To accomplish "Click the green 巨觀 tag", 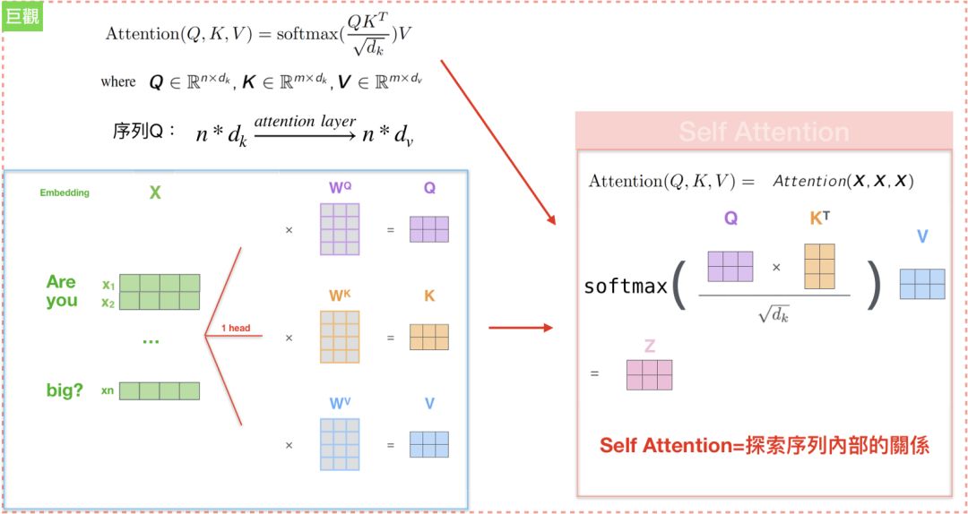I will tap(22, 16).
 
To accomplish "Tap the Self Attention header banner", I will tap(764, 132).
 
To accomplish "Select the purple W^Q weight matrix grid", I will tap(339, 229).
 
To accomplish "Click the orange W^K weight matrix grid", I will tap(339, 337).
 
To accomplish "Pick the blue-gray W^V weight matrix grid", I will tap(339, 444).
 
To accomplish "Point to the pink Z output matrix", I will tap(649, 374).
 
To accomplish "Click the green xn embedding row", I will tap(159, 390).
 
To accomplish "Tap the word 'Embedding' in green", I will tap(65, 193).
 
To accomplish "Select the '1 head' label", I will tap(236, 328).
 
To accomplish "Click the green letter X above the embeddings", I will tap(155, 193).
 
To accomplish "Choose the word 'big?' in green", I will tap(65, 390).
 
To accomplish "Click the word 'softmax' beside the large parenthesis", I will tap(626, 287).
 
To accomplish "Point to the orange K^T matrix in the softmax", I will tap(819, 266).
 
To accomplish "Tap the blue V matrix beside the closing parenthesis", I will tap(922, 284).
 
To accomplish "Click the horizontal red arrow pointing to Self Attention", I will tap(520, 328).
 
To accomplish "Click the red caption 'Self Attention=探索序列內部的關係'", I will tap(764, 445).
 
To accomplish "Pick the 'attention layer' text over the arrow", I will tap(305, 121).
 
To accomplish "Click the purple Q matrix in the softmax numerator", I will tap(730, 266).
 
